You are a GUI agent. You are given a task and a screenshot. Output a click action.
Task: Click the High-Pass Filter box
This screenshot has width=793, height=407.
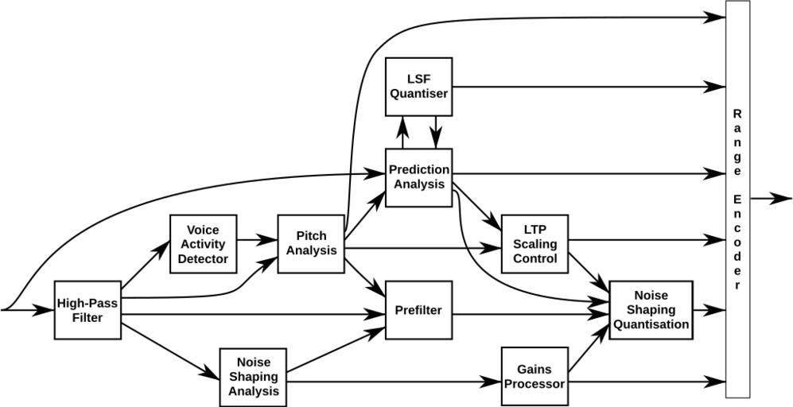(87, 310)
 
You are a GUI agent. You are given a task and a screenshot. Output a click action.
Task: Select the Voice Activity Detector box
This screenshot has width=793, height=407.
(203, 244)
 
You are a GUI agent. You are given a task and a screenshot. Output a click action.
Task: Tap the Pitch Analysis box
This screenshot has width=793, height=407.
(310, 244)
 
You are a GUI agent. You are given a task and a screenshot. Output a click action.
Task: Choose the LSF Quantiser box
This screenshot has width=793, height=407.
(418, 87)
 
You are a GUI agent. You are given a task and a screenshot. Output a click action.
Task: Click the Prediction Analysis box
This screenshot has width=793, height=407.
(418, 177)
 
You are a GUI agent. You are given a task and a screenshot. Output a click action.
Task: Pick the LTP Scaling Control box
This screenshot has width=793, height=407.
(534, 244)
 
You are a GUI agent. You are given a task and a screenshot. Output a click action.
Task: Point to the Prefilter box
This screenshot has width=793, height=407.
(418, 310)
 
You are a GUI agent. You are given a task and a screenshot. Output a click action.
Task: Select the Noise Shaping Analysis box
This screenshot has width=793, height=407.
(253, 376)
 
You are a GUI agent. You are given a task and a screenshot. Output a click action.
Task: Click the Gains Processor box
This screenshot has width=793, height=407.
(534, 376)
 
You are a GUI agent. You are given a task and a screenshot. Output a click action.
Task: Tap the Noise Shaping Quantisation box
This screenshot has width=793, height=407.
(651, 310)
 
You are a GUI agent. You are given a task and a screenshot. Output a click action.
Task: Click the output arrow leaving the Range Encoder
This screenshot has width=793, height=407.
(772, 199)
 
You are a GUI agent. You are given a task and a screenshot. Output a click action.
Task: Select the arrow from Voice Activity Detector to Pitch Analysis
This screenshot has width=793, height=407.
(257, 238)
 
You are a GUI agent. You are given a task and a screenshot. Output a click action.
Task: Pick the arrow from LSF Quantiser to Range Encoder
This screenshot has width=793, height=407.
(589, 87)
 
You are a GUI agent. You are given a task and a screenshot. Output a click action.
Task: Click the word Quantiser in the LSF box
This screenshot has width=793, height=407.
(418, 94)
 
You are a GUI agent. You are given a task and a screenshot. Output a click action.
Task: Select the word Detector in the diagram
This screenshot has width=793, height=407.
(203, 259)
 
